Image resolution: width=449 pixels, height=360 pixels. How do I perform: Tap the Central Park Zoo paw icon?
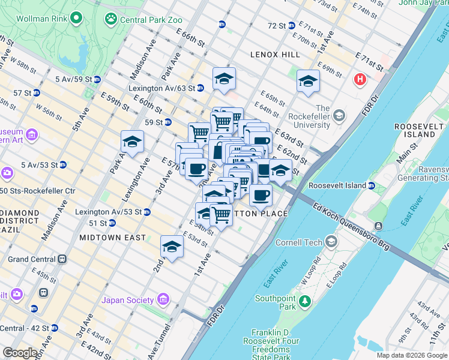click(x=110, y=19)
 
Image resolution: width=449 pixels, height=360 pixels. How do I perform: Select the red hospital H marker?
click(x=360, y=79)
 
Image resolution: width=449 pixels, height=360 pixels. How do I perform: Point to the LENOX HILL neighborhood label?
click(x=275, y=55)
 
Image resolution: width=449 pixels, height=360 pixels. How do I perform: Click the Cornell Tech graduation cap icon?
click(x=331, y=242)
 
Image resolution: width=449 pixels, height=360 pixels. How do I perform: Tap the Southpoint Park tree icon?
click(x=306, y=300)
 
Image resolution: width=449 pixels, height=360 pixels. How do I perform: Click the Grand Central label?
click(x=31, y=259)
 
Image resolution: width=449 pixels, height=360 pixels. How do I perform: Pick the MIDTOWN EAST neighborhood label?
click(x=112, y=238)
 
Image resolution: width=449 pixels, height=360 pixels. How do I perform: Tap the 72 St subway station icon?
click(x=291, y=25)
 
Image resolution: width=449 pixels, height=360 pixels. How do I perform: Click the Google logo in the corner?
click(x=20, y=352)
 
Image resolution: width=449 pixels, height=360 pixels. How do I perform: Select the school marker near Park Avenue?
click(x=132, y=143)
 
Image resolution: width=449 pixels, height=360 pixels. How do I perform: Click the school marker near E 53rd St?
click(x=172, y=247)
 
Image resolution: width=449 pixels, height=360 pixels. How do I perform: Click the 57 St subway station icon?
click(x=36, y=93)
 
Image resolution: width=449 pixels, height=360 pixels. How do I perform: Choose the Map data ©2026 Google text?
click(x=412, y=355)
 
